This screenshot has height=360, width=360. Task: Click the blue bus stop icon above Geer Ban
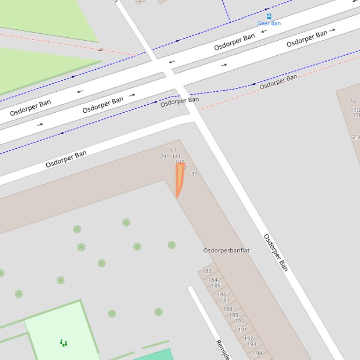tap(269, 16)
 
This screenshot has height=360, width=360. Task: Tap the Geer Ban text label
tap(269, 23)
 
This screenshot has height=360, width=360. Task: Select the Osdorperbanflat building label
tap(226, 251)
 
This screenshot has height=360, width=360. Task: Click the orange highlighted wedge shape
tap(179, 180)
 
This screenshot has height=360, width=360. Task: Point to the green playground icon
tap(64, 343)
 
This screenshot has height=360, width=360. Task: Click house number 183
tap(207, 271)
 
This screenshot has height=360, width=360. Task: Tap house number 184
tap(213, 280)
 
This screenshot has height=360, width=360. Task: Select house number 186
tap(221, 295)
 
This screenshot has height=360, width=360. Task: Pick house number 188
tap(228, 309)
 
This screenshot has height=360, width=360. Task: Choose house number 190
tap(240, 321)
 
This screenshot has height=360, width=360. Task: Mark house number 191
tap(242, 330)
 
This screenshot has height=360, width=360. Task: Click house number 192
tap(249, 338)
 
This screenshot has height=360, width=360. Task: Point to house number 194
tap(257, 353)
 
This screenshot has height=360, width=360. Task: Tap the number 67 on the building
tap(173, 151)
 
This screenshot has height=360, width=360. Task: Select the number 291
tap(164, 157)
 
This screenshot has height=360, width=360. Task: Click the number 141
tap(176, 157)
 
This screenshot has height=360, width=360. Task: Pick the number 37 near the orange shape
tap(194, 174)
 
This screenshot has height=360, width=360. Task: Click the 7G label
tap(353, 101)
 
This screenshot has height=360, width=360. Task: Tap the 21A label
tap(356, 137)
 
